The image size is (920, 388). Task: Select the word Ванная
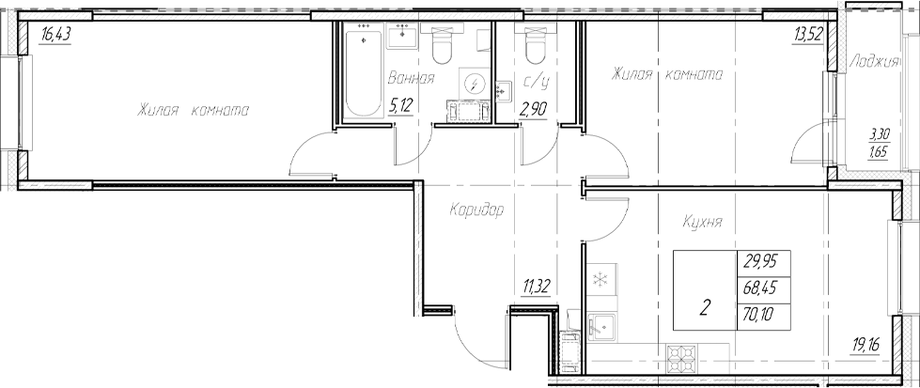410,78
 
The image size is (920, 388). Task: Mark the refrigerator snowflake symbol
599,279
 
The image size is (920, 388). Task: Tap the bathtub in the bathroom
359,74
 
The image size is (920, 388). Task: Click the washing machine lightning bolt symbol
476,84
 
